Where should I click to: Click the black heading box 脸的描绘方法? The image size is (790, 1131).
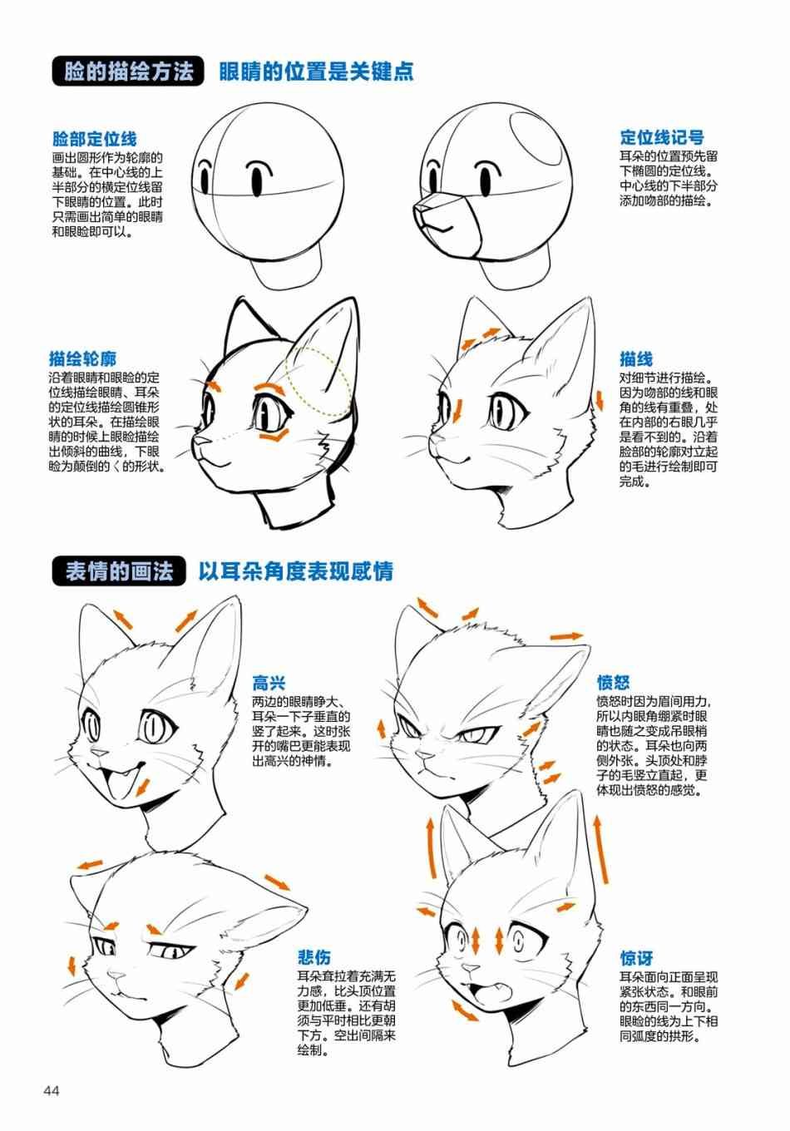click(x=128, y=72)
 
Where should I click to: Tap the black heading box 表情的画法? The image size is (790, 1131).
click(x=119, y=571)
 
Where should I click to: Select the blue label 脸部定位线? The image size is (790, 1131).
click(x=95, y=138)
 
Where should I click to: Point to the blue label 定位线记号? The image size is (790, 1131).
click(x=662, y=137)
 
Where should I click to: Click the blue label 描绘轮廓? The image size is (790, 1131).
click(x=82, y=358)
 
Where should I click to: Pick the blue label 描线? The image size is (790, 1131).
click(x=636, y=359)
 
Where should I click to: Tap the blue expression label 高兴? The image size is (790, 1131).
click(x=269, y=683)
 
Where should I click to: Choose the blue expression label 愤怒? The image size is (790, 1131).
click(x=614, y=682)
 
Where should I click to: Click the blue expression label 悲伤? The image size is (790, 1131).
click(x=314, y=957)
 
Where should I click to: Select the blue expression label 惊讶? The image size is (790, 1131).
click(x=636, y=958)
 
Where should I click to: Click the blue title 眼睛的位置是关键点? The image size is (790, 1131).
click(x=316, y=72)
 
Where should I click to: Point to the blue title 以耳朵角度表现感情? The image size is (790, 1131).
click(x=296, y=571)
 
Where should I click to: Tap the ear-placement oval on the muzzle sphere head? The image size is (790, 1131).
click(x=536, y=138)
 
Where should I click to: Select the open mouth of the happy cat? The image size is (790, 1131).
click(x=119, y=781)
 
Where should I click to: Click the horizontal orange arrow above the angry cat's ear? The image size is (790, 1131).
click(x=566, y=636)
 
